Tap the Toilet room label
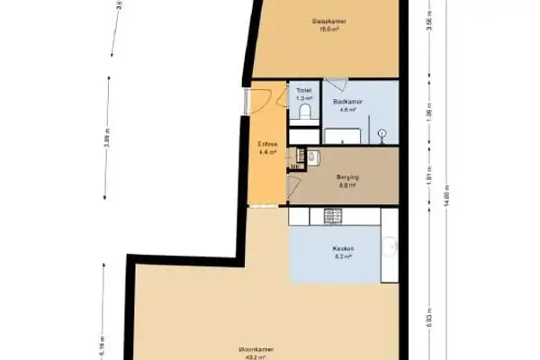pyautogui.click(x=303, y=91)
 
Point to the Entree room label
pyautogui.click(x=268, y=145)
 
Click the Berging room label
pyautogui.click(x=347, y=178)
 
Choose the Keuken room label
pyautogui.click(x=343, y=248)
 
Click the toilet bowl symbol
pyautogui.click(x=304, y=112)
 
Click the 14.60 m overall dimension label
pyautogui.click(x=447, y=197)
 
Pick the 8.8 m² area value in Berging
pyautogui.click(x=347, y=186)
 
